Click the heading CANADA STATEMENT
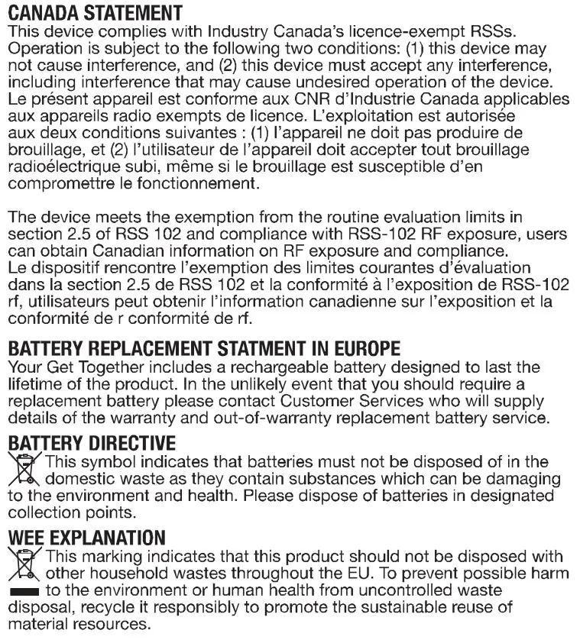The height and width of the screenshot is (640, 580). coord(95,13)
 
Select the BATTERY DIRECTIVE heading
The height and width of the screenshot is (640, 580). coord(92,443)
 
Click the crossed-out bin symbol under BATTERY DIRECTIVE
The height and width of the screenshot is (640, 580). coord(24,470)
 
